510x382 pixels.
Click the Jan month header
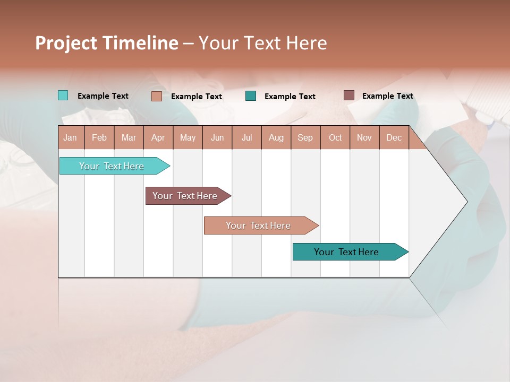[71, 137]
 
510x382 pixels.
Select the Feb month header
[99, 137]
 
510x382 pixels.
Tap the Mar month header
[129, 137]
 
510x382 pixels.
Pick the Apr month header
[158, 137]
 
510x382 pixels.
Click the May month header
[188, 137]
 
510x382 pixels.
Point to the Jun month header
[217, 137]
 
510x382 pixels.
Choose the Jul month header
[246, 137]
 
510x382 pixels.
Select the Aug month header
[276, 137]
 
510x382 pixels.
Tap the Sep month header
[305, 137]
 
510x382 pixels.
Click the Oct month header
[335, 137]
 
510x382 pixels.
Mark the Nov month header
[364, 137]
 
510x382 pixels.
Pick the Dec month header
[394, 137]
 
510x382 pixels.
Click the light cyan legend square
[63, 95]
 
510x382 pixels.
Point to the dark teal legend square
[251, 96]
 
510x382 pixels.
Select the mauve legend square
[348, 95]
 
